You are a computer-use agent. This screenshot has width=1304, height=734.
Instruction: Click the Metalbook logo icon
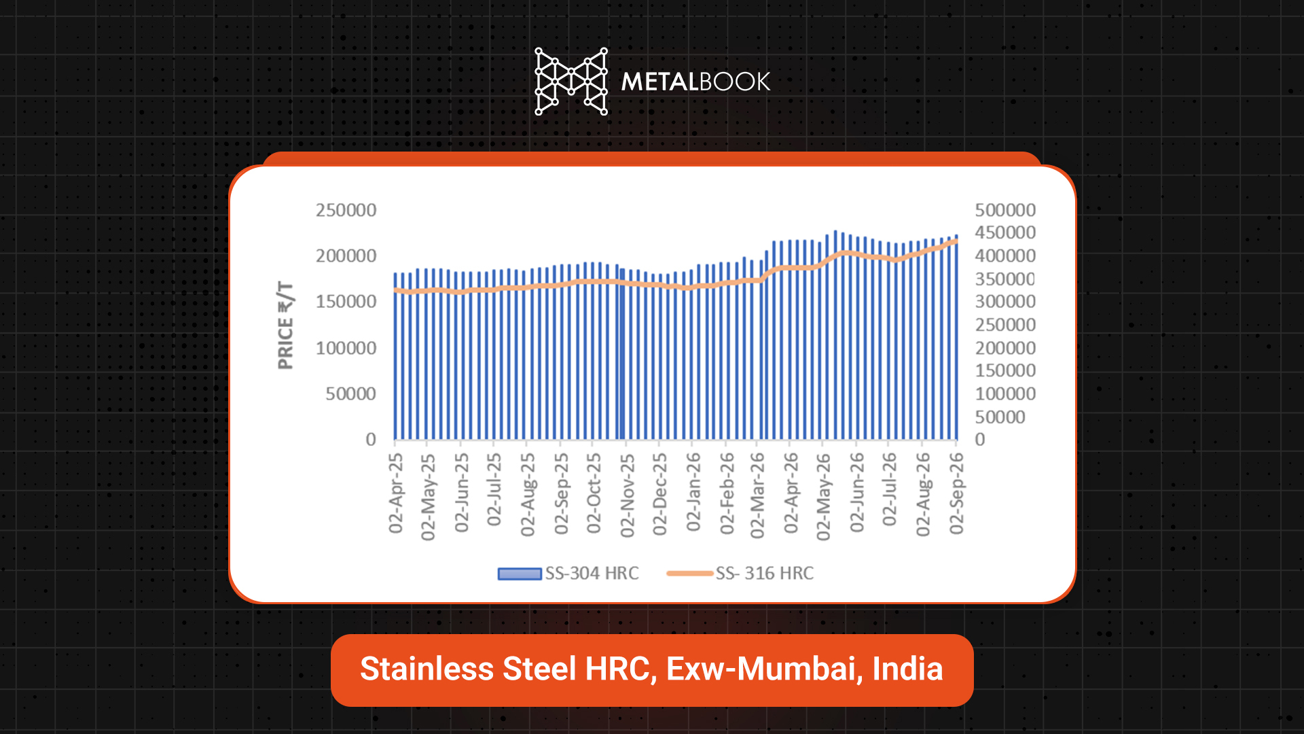pyautogui.click(x=571, y=82)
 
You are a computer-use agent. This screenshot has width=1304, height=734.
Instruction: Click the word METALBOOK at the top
pyautogui.click(x=695, y=82)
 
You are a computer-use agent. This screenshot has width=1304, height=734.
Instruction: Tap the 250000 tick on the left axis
pyautogui.click(x=346, y=211)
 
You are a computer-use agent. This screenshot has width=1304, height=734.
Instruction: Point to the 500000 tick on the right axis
pyautogui.click(x=1005, y=211)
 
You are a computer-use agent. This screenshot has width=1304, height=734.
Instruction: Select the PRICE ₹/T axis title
pyautogui.click(x=286, y=326)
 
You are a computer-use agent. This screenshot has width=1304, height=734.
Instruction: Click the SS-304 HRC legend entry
pyautogui.click(x=568, y=574)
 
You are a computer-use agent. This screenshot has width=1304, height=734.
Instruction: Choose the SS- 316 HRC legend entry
pyautogui.click(x=740, y=574)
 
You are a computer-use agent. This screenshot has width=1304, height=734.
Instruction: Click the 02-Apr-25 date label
pyautogui.click(x=396, y=493)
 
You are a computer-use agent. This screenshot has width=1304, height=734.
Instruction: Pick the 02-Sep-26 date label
pyautogui.click(x=956, y=493)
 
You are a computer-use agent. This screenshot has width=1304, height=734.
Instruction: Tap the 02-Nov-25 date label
pyautogui.click(x=628, y=495)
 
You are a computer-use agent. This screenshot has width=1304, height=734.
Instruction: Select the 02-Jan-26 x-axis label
pyautogui.click(x=693, y=492)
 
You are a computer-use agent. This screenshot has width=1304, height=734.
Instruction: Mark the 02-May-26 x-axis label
pyautogui.click(x=824, y=497)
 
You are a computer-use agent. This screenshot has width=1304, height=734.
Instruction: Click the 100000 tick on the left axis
pyautogui.click(x=346, y=349)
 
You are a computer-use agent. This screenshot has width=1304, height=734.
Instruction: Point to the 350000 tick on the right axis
pyautogui.click(x=1005, y=279)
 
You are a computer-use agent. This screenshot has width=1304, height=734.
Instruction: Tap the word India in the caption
pyautogui.click(x=908, y=669)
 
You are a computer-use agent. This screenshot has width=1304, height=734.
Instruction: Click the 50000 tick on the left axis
pyautogui.click(x=350, y=394)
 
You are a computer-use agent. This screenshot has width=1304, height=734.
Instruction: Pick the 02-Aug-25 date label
pyautogui.click(x=528, y=495)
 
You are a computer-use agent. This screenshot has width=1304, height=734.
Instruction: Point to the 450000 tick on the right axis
pyautogui.click(x=1005, y=233)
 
